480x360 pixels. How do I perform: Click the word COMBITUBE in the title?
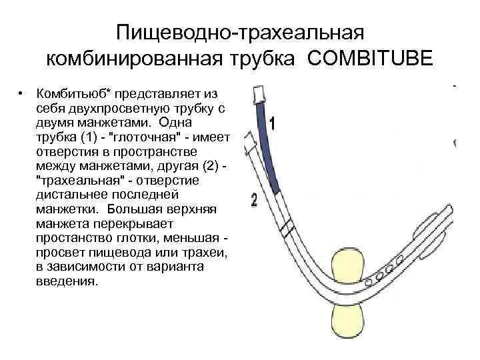click(370, 58)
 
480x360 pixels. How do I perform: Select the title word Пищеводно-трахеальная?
click(239, 32)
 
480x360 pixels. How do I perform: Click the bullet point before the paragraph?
click(22, 92)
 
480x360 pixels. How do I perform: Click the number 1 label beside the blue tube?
click(272, 123)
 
